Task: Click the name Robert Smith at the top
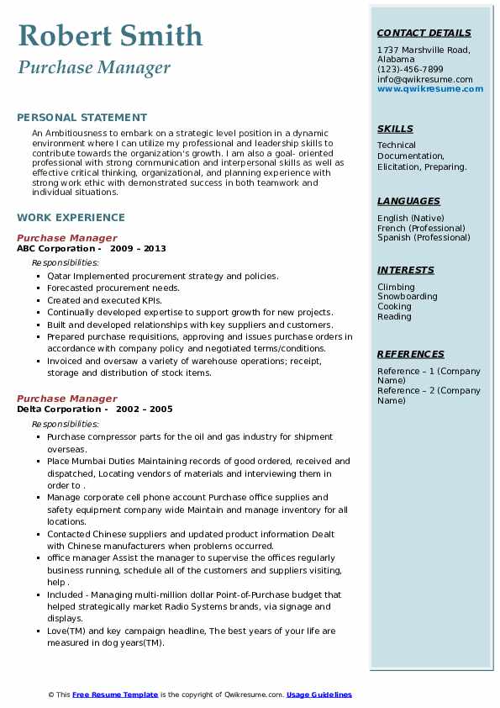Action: [x=110, y=35]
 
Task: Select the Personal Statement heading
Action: [x=82, y=118]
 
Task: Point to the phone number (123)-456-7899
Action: [x=410, y=70]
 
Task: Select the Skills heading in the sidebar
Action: [x=395, y=129]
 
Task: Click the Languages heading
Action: [x=408, y=201]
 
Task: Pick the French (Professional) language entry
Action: [x=421, y=228]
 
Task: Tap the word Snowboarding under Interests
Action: [x=407, y=297]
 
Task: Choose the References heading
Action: [x=410, y=354]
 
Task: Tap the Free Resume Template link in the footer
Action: [x=115, y=695]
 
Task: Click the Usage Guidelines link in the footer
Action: [x=319, y=695]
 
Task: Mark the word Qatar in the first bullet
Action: [x=60, y=276]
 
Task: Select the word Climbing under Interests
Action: [x=396, y=287]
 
